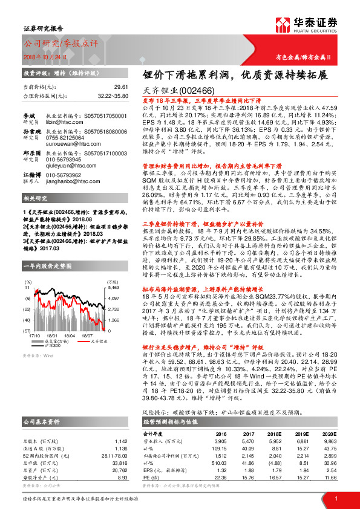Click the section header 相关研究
(37, 198)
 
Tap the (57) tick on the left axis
(27, 331)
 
